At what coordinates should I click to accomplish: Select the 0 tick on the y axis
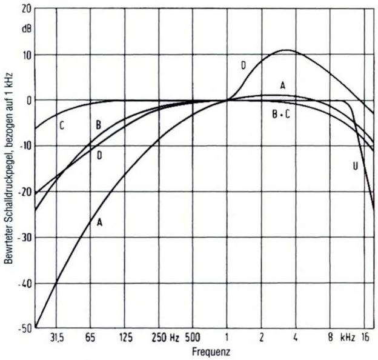27,100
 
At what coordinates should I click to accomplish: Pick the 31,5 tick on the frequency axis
57,338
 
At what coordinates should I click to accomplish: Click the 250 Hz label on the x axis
164,338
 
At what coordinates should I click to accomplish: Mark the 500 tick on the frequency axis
192,338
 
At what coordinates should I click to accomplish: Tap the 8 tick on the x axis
330,338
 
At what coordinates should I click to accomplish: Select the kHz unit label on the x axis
347,338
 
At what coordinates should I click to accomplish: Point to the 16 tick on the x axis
365,338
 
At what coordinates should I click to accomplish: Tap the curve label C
61,126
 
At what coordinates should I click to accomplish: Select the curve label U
355,165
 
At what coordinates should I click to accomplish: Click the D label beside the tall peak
243,65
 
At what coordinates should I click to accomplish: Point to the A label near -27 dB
100,222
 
